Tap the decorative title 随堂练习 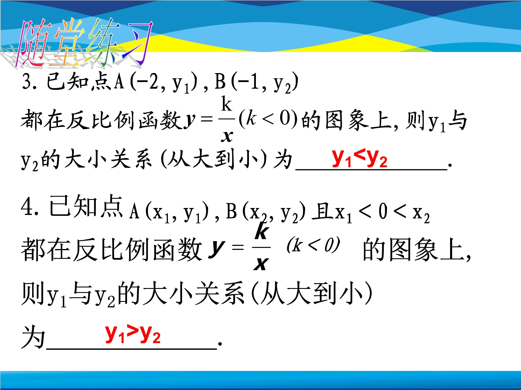[84, 43]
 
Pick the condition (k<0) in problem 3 [268, 119]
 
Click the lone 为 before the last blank [33, 337]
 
